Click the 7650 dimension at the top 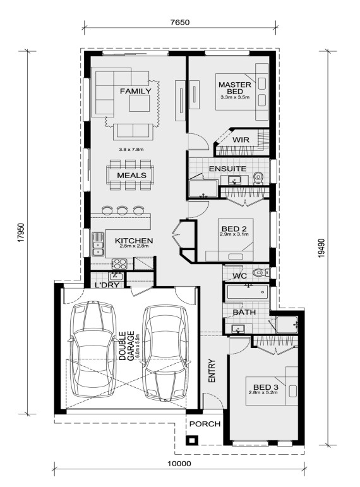[180, 22]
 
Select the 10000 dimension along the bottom [179, 464]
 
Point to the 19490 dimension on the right [321, 248]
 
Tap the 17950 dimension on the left [20, 232]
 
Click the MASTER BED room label [235, 88]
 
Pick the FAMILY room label [135, 92]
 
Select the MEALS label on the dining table [131, 175]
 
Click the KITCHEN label [134, 241]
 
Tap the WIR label [241, 140]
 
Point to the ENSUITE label [227, 169]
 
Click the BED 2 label [234, 229]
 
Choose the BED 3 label [265, 387]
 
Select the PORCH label [205, 424]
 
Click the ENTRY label [212, 371]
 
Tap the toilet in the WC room [260, 273]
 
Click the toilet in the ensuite [258, 178]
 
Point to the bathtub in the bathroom [247, 292]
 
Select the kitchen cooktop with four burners [119, 263]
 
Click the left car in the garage [93, 349]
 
